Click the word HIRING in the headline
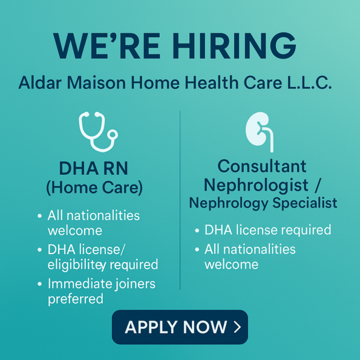pyautogui.click(x=234, y=46)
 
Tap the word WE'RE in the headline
pyautogui.click(x=106, y=46)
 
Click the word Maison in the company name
pyautogui.click(x=96, y=83)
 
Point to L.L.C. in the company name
pyautogui.click(x=309, y=83)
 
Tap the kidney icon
pyautogui.click(x=260, y=131)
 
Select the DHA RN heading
pyautogui.click(x=93, y=168)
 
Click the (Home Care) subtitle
pyautogui.click(x=94, y=188)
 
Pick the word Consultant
pyautogui.click(x=262, y=166)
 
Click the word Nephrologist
pyautogui.click(x=256, y=185)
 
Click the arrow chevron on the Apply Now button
pyautogui.click(x=237, y=327)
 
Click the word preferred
pyautogui.click(x=76, y=299)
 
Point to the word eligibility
pyautogui.click(x=77, y=265)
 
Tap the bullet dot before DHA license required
pyautogui.click(x=197, y=231)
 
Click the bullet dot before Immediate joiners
pyautogui.click(x=39, y=284)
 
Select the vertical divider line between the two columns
pyautogui.click(x=180, y=200)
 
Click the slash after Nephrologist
pyautogui.click(x=317, y=185)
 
